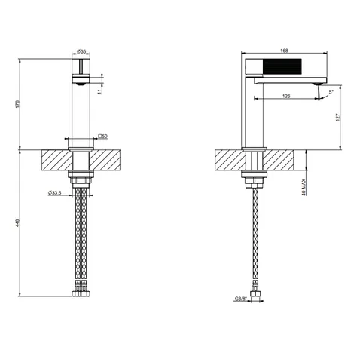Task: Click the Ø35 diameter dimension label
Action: [81, 51]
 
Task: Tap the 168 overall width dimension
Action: [284, 51]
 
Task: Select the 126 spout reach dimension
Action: [286, 96]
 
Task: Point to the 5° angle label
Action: [331, 92]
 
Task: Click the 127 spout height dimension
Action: [337, 118]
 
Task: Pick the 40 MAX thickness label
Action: [304, 187]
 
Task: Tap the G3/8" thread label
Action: [241, 299]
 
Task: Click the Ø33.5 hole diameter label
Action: [55, 193]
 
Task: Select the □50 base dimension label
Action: [102, 137]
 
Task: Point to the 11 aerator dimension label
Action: [100, 91]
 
